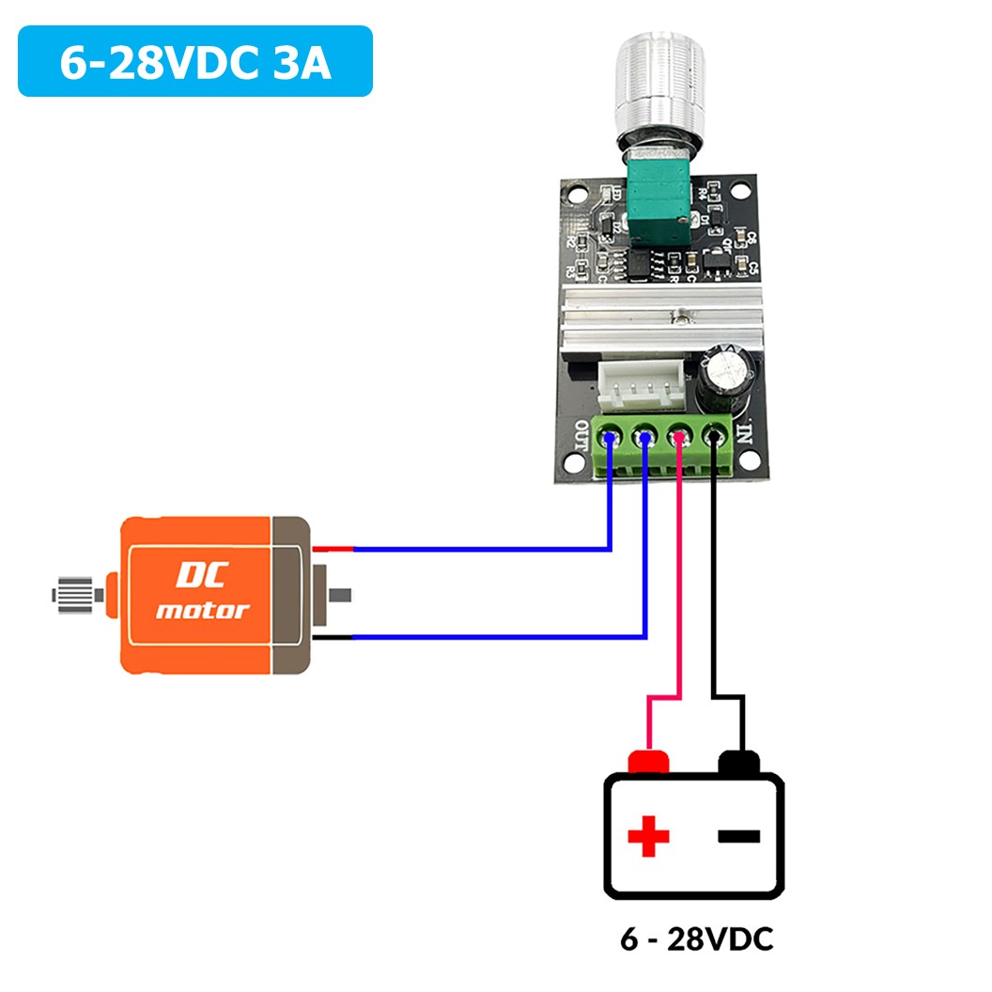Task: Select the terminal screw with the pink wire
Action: (x=678, y=437)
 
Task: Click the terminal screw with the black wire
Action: (x=714, y=437)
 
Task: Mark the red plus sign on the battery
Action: (x=648, y=835)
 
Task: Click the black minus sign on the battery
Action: (x=739, y=835)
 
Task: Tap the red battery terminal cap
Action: (x=648, y=762)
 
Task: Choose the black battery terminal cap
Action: (x=739, y=762)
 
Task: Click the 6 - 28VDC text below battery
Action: (x=696, y=939)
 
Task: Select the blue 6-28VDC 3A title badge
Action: (x=195, y=61)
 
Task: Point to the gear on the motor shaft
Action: (x=74, y=594)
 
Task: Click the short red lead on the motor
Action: (x=333, y=549)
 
